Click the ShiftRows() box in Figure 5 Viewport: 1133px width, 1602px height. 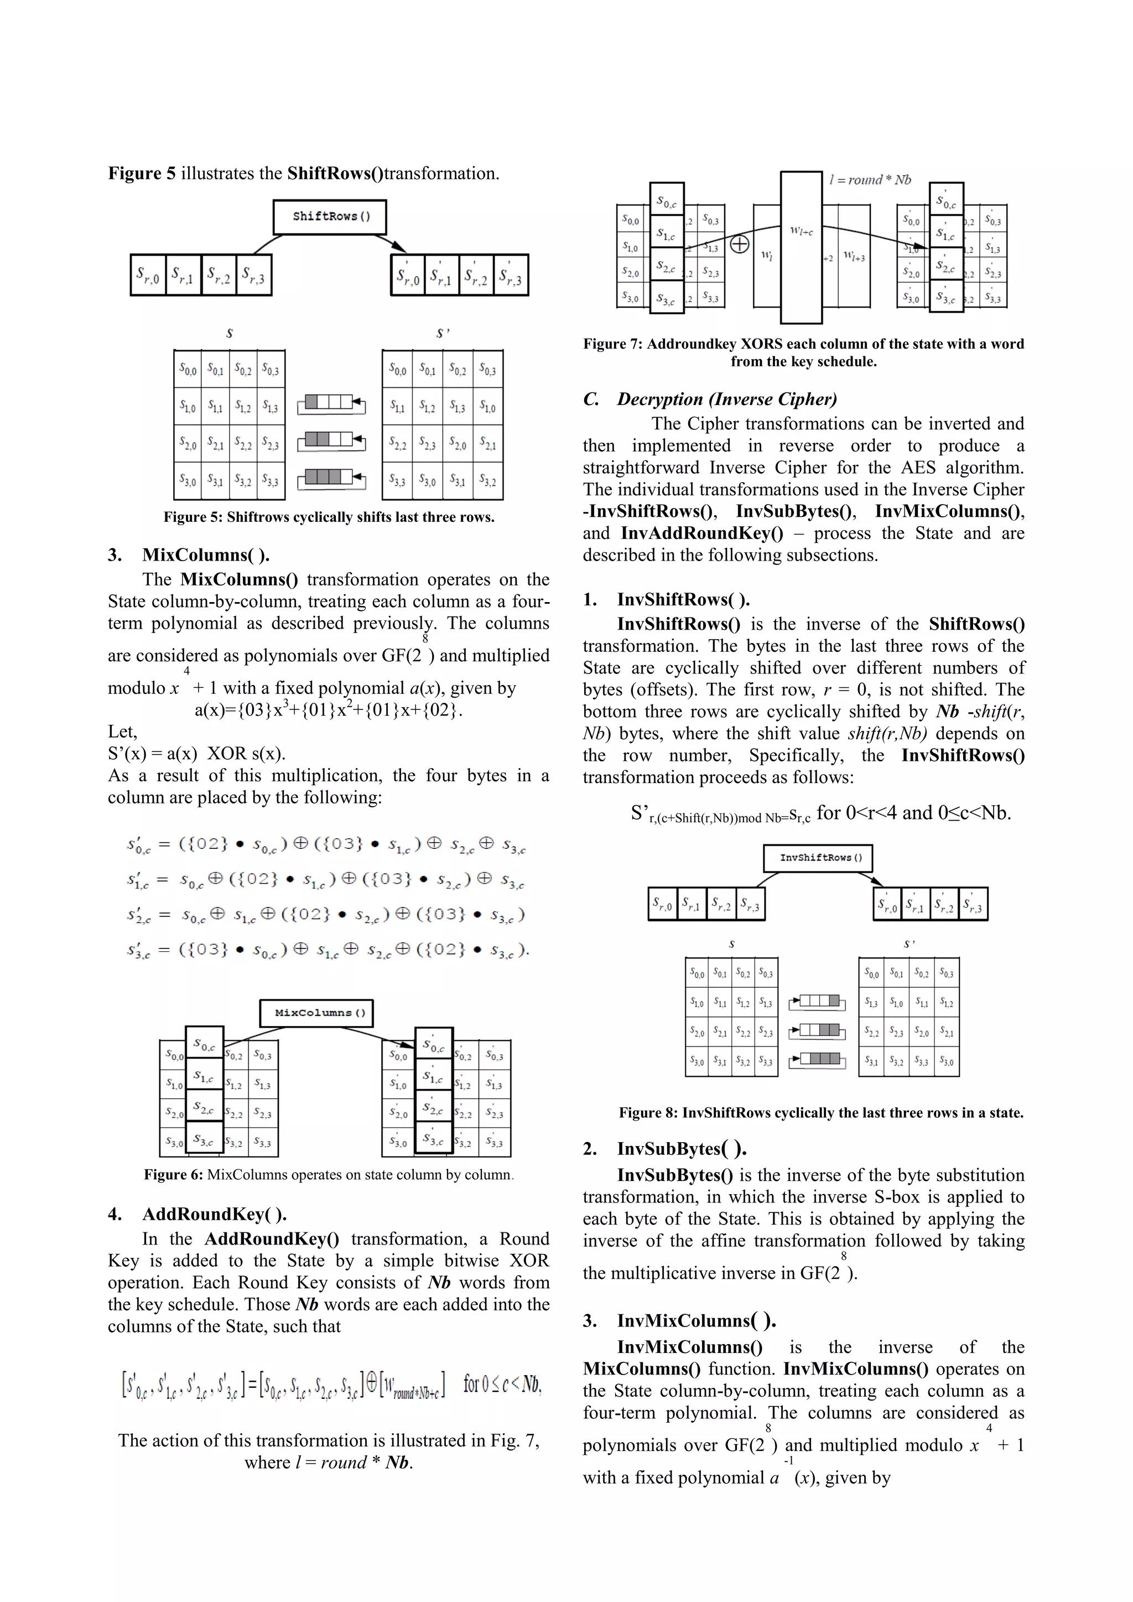[x=330, y=217]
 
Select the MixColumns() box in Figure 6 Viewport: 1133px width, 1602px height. [x=316, y=1013]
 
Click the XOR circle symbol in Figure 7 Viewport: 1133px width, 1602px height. [x=740, y=244]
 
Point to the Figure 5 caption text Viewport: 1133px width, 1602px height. [x=329, y=517]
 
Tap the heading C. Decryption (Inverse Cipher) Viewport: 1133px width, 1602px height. [x=710, y=399]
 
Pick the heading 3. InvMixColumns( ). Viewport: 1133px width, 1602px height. [x=680, y=1320]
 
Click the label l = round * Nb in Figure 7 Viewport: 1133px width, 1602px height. [x=870, y=179]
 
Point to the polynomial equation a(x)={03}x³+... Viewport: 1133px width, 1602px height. [x=328, y=711]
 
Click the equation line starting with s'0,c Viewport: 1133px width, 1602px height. [x=326, y=845]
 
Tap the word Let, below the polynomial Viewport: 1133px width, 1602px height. [x=123, y=732]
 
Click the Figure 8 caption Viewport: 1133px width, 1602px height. [x=820, y=1113]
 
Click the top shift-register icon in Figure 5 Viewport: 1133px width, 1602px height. [x=331, y=403]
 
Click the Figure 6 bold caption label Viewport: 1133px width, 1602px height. [x=174, y=1175]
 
